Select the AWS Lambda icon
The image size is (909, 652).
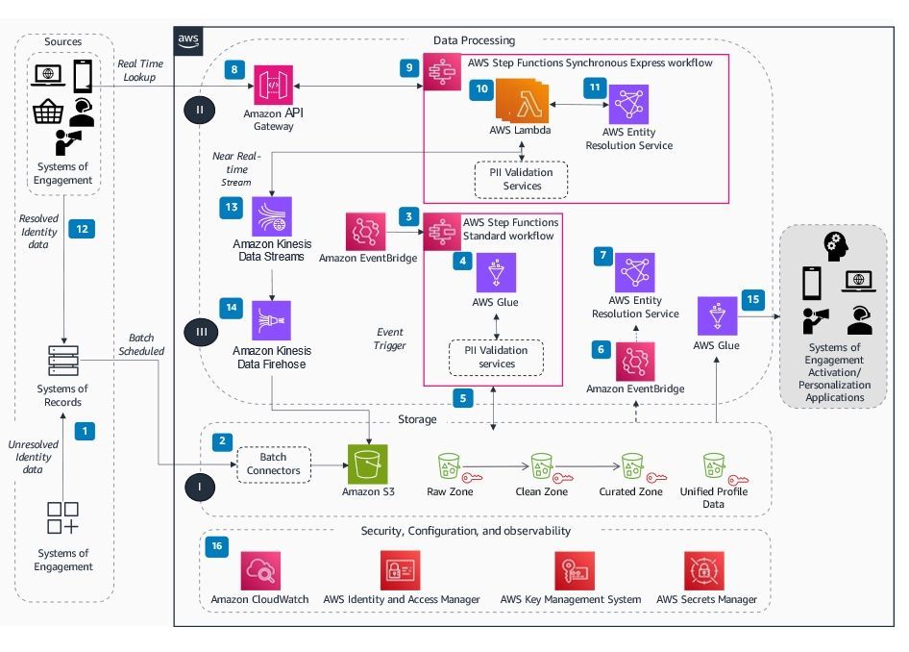pyautogui.click(x=519, y=101)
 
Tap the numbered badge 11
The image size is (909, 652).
pyautogui.click(x=595, y=86)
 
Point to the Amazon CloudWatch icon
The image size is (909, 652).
pyautogui.click(x=259, y=570)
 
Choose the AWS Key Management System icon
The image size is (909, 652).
pyautogui.click(x=573, y=570)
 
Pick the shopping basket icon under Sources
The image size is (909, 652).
pyautogui.click(x=47, y=113)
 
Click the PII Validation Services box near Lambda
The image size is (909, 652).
pyautogui.click(x=522, y=179)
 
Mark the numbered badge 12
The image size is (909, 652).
pyautogui.click(x=83, y=229)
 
